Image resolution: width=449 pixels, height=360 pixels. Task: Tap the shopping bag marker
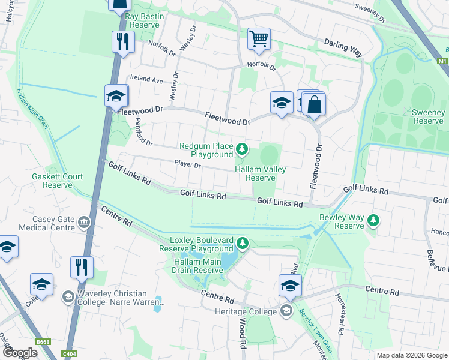pos(314,104)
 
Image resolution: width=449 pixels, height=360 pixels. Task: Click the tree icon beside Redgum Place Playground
pos(241,148)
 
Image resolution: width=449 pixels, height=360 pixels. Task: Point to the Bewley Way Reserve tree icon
pos(373,220)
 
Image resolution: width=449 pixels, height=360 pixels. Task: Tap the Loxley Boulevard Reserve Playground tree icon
pos(242,243)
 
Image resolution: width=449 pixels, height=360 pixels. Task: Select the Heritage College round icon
pos(286,310)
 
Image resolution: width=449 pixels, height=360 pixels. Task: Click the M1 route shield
pos(442,61)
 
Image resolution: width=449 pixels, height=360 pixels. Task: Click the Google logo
pos(20,353)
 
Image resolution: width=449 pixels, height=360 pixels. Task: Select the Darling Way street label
pos(343,48)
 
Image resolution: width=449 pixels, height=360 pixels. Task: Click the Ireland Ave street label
pos(147,80)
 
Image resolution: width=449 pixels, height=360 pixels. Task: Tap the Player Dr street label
pos(187,163)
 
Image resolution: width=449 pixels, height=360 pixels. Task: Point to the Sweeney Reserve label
pos(428,116)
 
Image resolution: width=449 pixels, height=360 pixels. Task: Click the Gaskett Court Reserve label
pos(58,181)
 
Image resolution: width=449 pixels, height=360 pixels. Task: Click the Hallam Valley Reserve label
pos(260,173)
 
